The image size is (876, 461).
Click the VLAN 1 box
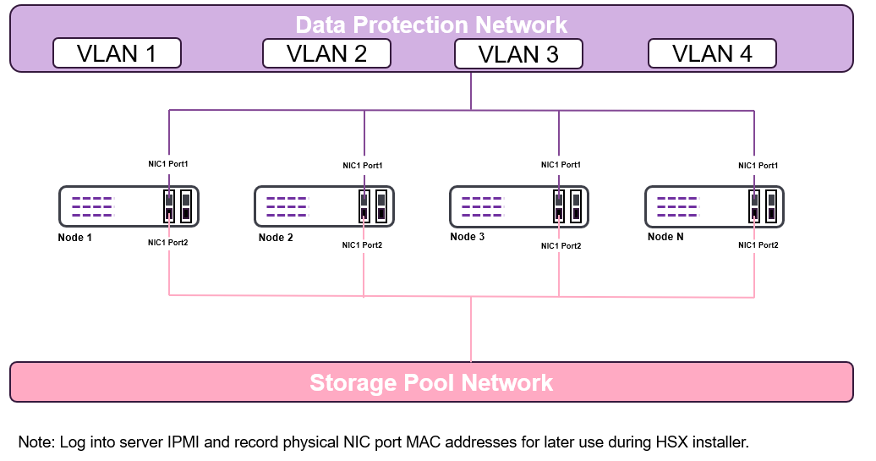pos(117,53)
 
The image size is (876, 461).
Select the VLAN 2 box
pos(326,53)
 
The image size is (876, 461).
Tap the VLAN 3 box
pos(518,54)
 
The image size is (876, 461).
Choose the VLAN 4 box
pos(712,53)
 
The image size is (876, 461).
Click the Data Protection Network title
pos(431,25)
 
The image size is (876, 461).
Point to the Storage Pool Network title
pos(431,382)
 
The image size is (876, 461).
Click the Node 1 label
pos(75,238)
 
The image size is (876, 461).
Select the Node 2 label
pos(276,238)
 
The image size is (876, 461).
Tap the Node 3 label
pos(468,237)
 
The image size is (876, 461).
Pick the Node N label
pos(665,237)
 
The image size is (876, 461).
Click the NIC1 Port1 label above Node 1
pos(167,163)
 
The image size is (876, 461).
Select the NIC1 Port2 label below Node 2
pos(362,245)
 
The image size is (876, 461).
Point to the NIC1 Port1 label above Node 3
pos(561,165)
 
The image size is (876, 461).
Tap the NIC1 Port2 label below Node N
pos(758,244)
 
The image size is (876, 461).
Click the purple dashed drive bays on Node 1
pos(92,206)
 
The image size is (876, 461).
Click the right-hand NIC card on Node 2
pos(381,206)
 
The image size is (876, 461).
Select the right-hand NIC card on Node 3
pos(576,206)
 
